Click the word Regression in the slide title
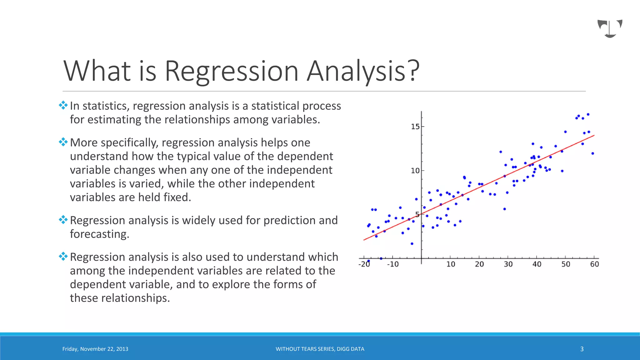pyautogui.click(x=231, y=71)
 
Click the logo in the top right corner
pyautogui.click(x=610, y=28)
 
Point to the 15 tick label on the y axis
pyautogui.click(x=415, y=127)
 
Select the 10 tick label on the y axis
pyautogui.click(x=415, y=171)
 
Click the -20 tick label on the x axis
pyautogui.click(x=364, y=264)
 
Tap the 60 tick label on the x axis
pyautogui.click(x=594, y=264)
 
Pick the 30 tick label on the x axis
pyautogui.click(x=508, y=264)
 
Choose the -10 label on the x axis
pyautogui.click(x=393, y=264)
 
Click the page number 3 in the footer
pyautogui.click(x=582, y=349)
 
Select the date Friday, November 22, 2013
pyautogui.click(x=95, y=349)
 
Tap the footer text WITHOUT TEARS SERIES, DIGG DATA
pyautogui.click(x=320, y=349)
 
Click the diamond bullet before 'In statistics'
pyautogui.click(x=63, y=105)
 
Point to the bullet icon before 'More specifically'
pyautogui.click(x=63, y=142)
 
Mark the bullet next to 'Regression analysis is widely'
pyautogui.click(x=63, y=220)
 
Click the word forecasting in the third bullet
pyautogui.click(x=99, y=234)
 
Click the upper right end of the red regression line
pyautogui.click(x=593, y=136)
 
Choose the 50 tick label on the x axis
pyautogui.click(x=566, y=264)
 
